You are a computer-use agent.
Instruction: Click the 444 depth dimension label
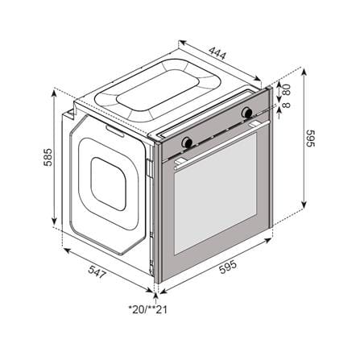pyautogui.click(x=217, y=53)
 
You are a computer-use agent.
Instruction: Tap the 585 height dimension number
pyautogui.click(x=48, y=157)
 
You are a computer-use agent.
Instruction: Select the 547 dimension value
pyautogui.click(x=97, y=271)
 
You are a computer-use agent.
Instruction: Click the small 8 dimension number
pyautogui.click(x=287, y=105)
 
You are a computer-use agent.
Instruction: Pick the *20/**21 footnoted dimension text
pyautogui.click(x=148, y=309)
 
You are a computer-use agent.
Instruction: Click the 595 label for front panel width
pyautogui.click(x=228, y=267)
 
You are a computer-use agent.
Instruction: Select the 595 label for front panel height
pyautogui.click(x=311, y=139)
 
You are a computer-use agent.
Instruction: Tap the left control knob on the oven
pyautogui.click(x=187, y=142)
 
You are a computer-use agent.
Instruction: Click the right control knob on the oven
pyautogui.click(x=246, y=112)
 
